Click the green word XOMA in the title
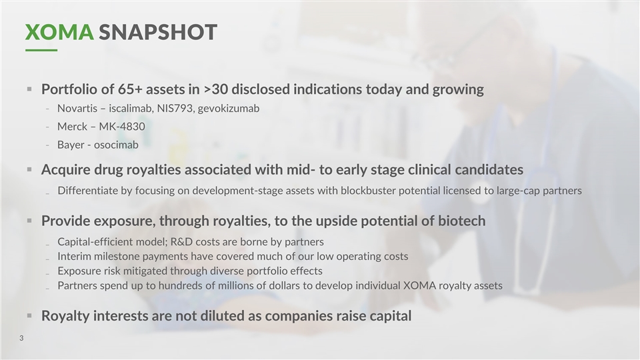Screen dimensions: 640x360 (x=59, y=32)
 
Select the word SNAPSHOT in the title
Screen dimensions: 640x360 (x=158, y=32)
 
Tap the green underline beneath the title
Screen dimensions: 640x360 (x=41, y=50)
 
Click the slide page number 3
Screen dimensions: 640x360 (x=21, y=338)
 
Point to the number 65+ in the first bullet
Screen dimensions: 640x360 (x=130, y=89)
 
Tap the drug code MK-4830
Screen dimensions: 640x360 (x=122, y=127)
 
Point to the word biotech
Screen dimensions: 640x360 (x=462, y=221)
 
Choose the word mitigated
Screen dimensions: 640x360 (x=144, y=271)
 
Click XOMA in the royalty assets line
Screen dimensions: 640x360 (x=419, y=286)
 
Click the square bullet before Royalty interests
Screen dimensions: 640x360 (x=29, y=315)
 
